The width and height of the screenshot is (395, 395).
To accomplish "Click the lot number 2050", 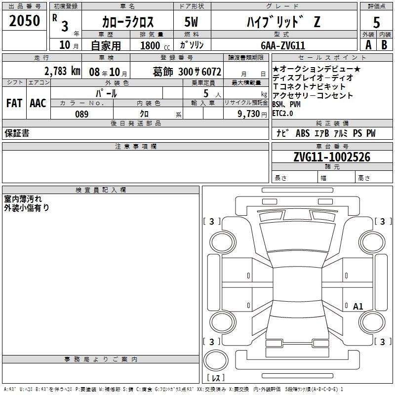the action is tap(24, 21).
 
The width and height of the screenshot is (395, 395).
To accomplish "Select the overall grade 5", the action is tap(376, 22).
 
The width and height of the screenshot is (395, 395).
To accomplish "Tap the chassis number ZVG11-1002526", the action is tap(332, 157).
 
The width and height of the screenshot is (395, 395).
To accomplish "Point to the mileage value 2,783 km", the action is tap(62, 71).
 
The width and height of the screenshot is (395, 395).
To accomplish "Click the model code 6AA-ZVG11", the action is tap(283, 45).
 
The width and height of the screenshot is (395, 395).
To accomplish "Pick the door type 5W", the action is tap(191, 22).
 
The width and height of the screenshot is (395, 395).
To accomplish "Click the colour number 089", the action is tap(82, 114).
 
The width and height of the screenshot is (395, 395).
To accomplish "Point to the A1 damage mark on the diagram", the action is tap(358, 306).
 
